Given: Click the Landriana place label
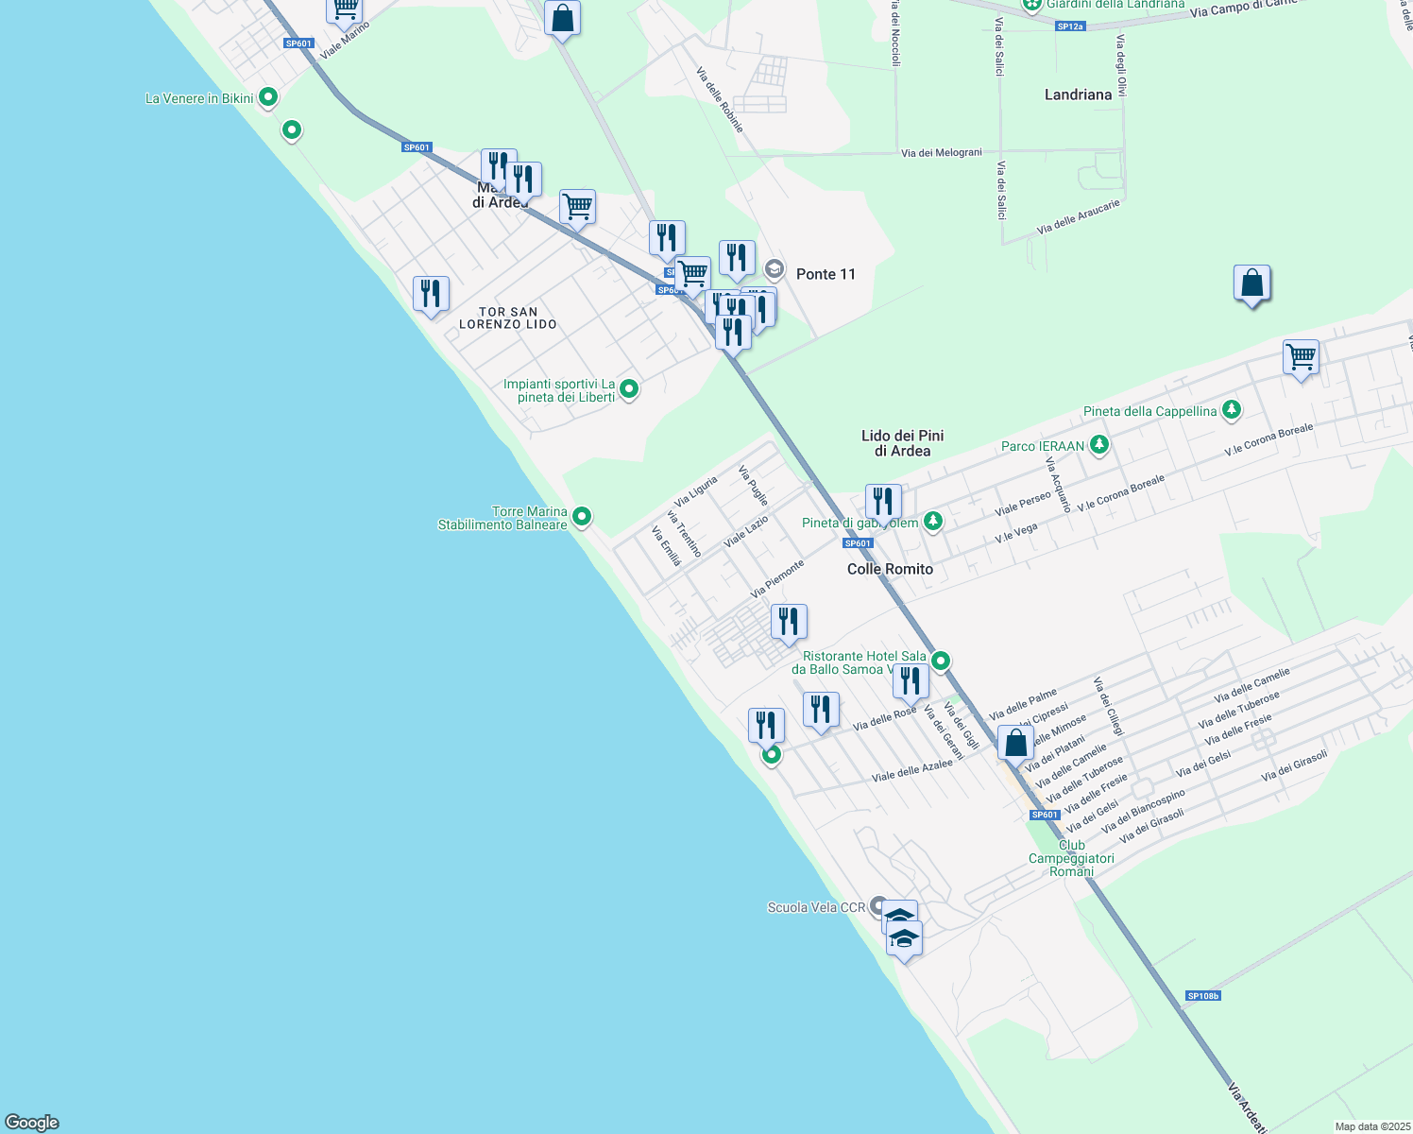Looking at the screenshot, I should click(1078, 94).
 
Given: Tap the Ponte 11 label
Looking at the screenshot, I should click(826, 274).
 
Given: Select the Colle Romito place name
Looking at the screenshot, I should click(890, 569).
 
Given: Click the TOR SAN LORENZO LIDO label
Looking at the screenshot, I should click(508, 318).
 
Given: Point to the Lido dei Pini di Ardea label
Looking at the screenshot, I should click(902, 443).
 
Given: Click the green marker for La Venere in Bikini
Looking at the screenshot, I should click(268, 96).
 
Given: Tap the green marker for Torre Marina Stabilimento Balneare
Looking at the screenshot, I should click(583, 516).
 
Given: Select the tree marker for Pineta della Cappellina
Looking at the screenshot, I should click(1231, 410).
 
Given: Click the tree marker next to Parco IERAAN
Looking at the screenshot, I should click(1098, 444).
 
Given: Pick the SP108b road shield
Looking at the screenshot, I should click(1203, 996).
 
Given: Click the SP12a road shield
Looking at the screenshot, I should click(1070, 26).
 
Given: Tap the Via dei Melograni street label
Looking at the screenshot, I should click(942, 152).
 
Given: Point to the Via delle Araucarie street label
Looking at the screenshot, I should click(1078, 216).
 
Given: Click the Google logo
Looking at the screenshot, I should click(32, 1123).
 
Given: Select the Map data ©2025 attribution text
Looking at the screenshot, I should click(1371, 1126).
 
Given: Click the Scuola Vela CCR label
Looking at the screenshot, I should click(816, 907).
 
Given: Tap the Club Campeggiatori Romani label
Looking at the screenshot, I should click(1071, 858).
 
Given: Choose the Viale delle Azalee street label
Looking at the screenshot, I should click(911, 770).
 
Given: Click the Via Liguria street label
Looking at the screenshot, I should click(696, 491).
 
